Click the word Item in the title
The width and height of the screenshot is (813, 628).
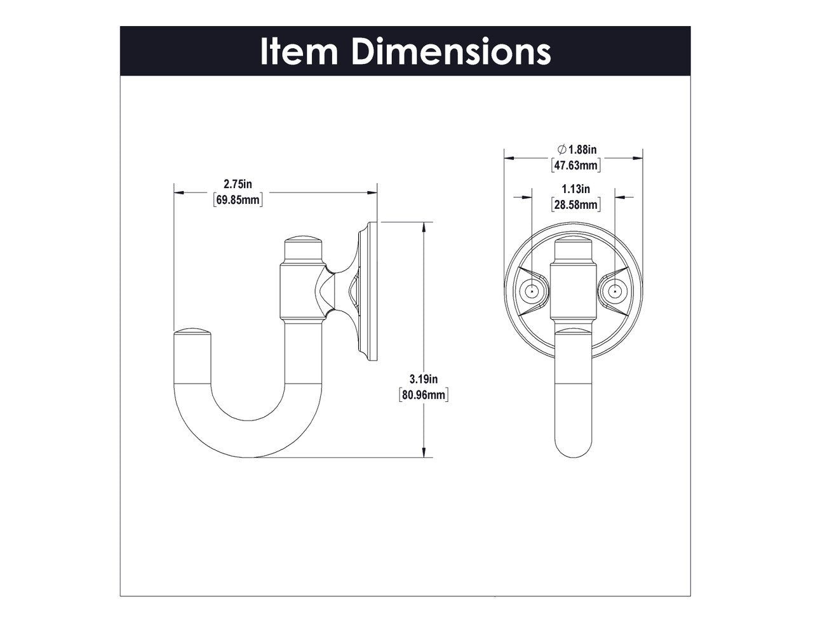(x=299, y=51)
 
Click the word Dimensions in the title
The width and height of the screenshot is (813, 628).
(x=451, y=51)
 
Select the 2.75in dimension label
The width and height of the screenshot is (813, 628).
(x=238, y=184)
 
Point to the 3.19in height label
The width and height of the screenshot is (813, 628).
(x=424, y=379)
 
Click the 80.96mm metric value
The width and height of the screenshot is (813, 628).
(x=424, y=395)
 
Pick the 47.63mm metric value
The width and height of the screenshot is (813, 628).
(x=575, y=166)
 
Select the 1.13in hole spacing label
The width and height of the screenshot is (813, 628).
(x=575, y=189)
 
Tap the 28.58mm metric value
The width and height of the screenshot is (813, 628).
(x=575, y=204)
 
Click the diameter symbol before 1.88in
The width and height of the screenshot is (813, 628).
(x=561, y=150)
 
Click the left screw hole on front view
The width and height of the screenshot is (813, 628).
(x=532, y=291)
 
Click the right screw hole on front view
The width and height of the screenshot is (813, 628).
(x=615, y=291)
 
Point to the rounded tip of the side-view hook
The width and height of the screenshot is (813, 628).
(x=191, y=333)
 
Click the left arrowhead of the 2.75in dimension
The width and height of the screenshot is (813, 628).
(x=179, y=192)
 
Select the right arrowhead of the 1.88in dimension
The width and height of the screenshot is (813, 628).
(x=638, y=158)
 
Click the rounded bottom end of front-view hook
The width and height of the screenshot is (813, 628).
(x=573, y=448)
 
